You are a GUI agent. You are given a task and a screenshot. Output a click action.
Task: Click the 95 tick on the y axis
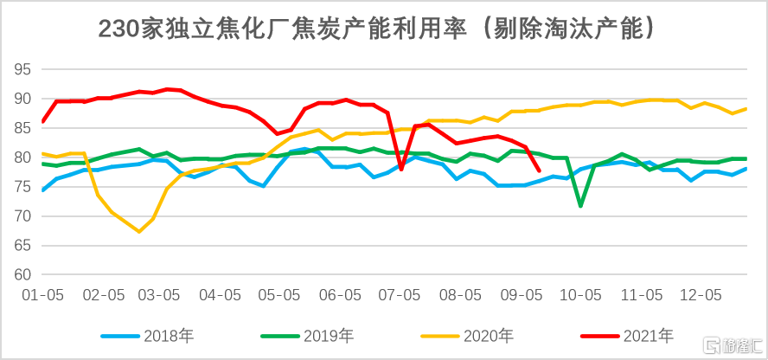22,69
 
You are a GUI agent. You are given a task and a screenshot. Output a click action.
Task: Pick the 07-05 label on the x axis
400,295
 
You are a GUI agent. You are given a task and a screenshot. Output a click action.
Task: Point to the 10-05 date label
580,295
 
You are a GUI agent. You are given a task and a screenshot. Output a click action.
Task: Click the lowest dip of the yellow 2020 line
139,231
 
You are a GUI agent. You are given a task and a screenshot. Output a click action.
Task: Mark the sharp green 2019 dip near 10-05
580,206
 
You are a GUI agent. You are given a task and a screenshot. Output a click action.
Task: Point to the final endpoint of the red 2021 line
539,170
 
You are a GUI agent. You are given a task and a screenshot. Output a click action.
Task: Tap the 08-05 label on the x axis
460,295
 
